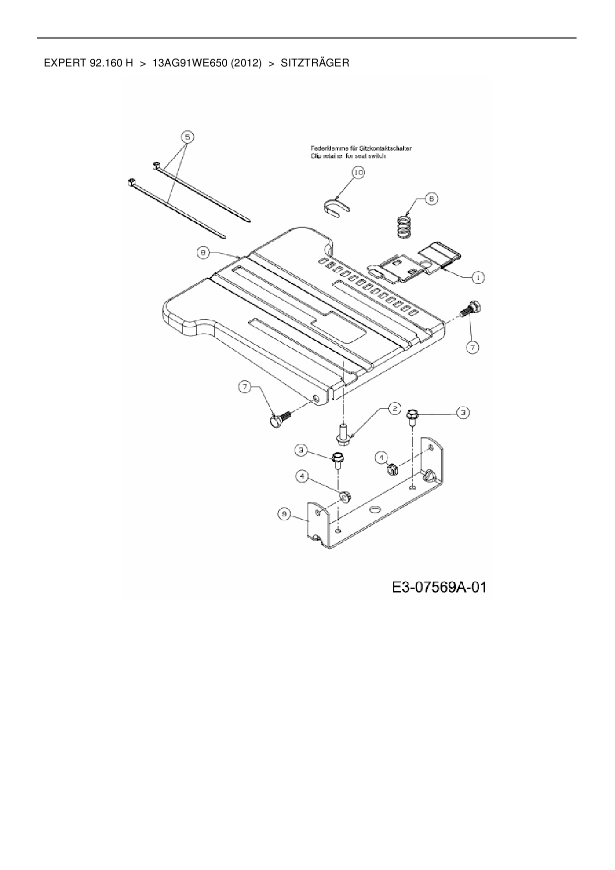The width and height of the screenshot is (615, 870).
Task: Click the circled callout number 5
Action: tap(186, 136)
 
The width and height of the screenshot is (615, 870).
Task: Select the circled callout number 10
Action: tap(358, 172)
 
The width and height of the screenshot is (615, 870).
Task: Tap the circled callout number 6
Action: tap(431, 199)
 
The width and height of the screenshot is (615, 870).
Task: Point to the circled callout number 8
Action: tap(203, 253)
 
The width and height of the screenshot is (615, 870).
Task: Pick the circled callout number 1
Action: tap(478, 278)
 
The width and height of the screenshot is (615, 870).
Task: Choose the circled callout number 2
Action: tap(394, 408)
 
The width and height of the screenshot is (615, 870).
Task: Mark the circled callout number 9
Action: tap(284, 514)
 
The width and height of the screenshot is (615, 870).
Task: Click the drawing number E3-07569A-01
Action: tap(439, 588)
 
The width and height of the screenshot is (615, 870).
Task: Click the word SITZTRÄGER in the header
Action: tap(315, 63)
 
